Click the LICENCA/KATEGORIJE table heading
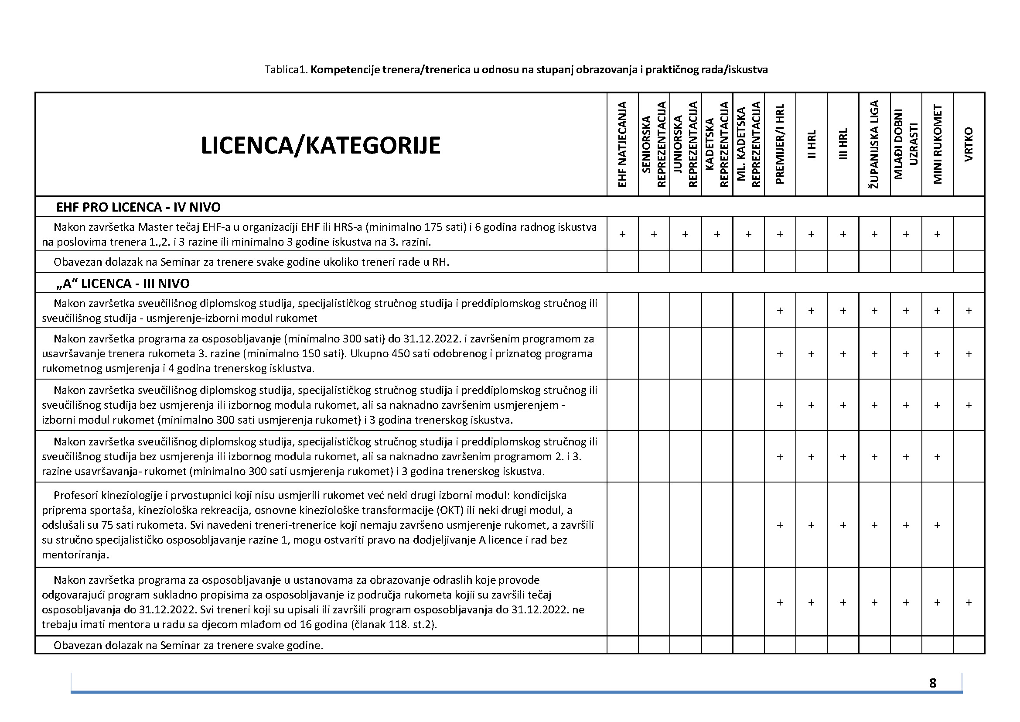point(321,146)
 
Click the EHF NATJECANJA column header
point(622,144)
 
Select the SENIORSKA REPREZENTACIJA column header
point(654,144)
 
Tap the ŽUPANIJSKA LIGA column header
point(874,144)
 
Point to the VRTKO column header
point(969,144)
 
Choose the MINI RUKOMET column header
point(937,144)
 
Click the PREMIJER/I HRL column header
point(780,144)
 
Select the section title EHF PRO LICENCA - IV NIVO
point(138,207)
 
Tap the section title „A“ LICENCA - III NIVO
point(123,284)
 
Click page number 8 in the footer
point(932,683)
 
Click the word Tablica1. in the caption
point(286,70)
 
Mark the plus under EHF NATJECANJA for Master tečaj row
point(622,234)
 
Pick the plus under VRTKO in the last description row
point(969,602)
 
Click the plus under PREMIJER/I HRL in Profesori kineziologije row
point(780,525)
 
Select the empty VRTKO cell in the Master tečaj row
point(969,234)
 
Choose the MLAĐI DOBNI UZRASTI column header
point(906,144)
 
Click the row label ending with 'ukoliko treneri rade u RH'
point(251,262)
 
